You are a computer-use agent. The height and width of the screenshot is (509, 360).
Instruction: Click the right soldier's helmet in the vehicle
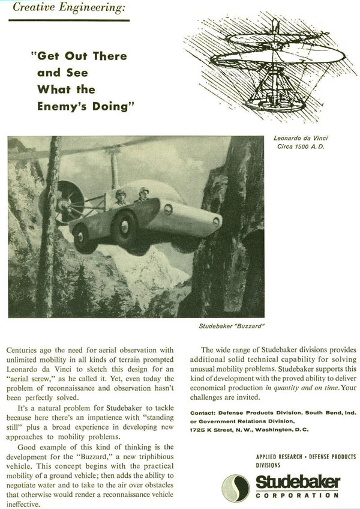tap(144, 191)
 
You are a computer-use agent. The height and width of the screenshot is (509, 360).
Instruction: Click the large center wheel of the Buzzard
tap(126, 227)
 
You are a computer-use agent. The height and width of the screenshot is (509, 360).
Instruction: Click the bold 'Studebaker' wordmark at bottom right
tap(299, 481)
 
